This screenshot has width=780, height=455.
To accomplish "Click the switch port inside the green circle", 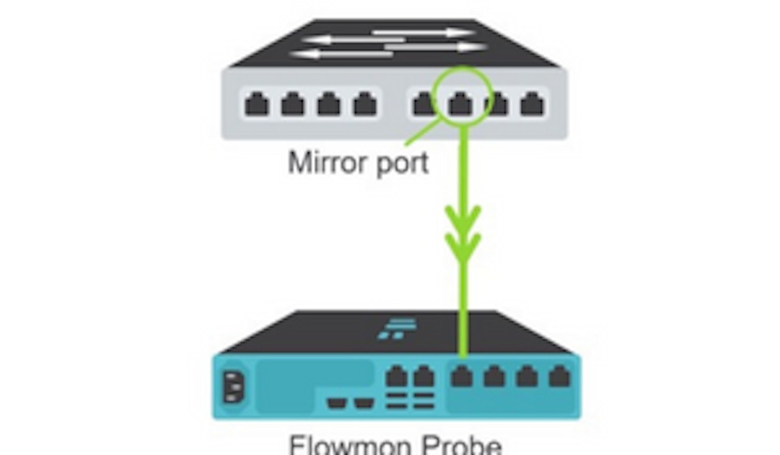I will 461,103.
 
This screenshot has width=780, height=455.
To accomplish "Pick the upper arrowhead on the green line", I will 462,218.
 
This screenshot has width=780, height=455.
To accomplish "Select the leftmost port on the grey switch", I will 256,104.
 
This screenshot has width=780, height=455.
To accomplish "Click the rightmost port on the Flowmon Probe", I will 559,376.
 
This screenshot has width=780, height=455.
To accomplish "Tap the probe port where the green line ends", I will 462,376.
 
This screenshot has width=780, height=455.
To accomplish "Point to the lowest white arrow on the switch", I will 335,54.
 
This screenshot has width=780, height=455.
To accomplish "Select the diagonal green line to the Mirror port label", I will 419,133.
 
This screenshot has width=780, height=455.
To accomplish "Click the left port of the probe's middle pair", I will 396,376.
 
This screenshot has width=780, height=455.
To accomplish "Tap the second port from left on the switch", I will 292,104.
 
